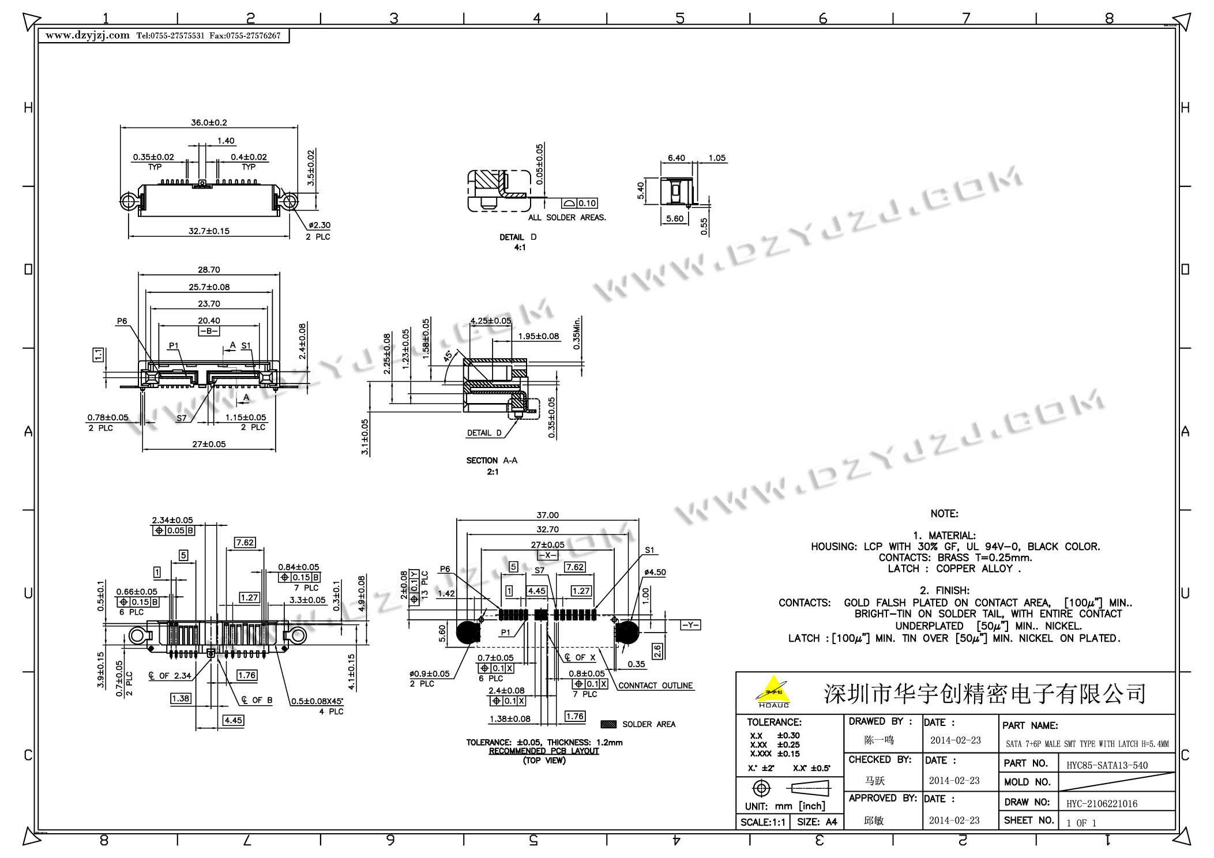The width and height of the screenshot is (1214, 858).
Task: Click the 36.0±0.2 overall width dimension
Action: click(x=209, y=123)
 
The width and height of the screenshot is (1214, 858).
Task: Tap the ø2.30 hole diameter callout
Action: click(x=320, y=225)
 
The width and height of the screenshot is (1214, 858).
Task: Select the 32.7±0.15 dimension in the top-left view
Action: click(x=209, y=231)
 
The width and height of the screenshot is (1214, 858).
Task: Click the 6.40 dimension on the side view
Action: click(x=676, y=158)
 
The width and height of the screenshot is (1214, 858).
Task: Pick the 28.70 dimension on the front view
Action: click(x=209, y=270)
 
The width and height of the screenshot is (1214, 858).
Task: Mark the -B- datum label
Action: click(x=209, y=331)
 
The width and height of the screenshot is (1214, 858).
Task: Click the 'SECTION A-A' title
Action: click(x=492, y=461)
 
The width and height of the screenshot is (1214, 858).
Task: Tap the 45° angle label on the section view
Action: click(x=448, y=356)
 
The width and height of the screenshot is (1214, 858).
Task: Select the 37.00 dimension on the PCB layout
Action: click(x=547, y=515)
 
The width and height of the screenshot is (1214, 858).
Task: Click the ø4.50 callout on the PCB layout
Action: click(x=655, y=573)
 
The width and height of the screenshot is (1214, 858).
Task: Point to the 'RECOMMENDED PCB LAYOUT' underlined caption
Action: click(x=544, y=751)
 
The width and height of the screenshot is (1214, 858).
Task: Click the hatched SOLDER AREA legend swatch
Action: click(x=608, y=724)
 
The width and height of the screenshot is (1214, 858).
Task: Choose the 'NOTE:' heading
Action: click(x=944, y=514)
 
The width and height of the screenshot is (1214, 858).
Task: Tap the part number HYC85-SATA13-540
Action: click(x=1107, y=766)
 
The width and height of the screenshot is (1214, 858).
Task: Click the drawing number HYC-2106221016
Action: click(x=1102, y=804)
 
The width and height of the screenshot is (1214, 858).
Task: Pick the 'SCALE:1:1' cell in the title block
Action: click(x=762, y=822)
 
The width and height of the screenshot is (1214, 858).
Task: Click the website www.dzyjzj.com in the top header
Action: click(x=88, y=36)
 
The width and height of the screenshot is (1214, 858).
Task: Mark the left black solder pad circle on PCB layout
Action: click(x=468, y=633)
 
